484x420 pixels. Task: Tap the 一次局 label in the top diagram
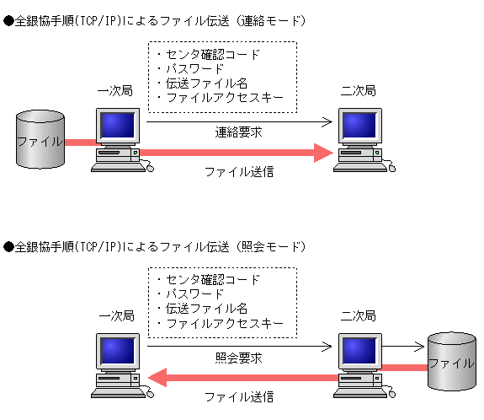click(x=116, y=90)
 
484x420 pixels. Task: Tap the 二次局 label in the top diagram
click(x=359, y=90)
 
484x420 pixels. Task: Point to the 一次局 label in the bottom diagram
click(x=116, y=316)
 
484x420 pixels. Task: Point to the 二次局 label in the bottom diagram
click(x=359, y=316)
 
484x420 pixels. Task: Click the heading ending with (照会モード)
click(x=156, y=247)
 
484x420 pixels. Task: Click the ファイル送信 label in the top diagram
click(x=239, y=171)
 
